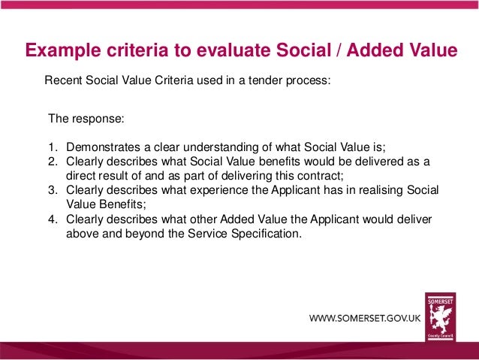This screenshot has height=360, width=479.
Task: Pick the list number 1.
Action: pyautogui.click(x=52, y=148)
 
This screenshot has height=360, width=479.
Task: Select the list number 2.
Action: pyautogui.click(x=52, y=162)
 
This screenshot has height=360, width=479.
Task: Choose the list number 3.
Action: pyautogui.click(x=52, y=190)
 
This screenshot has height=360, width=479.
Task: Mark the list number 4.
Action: pyautogui.click(x=52, y=219)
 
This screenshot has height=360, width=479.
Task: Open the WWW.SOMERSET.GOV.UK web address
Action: pyautogui.click(x=365, y=319)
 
